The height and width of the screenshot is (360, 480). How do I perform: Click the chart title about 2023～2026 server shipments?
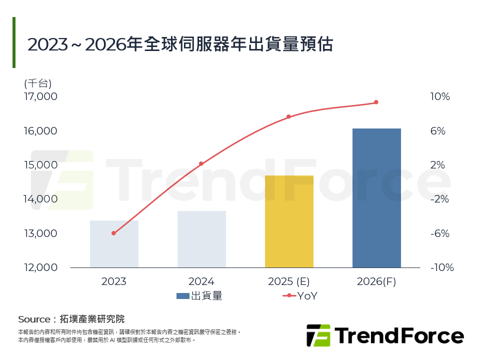click(x=180, y=44)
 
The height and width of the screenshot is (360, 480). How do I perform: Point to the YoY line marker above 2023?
click(x=113, y=233)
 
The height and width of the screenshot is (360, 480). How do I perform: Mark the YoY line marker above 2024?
click(x=201, y=163)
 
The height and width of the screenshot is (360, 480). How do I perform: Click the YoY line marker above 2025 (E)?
click(x=288, y=116)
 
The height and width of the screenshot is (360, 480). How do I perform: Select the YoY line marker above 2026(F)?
click(x=376, y=102)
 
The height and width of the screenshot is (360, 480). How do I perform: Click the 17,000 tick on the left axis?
click(x=40, y=96)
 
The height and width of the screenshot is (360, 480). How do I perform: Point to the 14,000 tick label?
click(x=40, y=199)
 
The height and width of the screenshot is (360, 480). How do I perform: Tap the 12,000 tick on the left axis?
click(x=40, y=267)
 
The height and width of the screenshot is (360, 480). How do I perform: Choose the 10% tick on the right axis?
click(x=440, y=96)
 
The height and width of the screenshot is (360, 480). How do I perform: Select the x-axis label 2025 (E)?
click(x=289, y=281)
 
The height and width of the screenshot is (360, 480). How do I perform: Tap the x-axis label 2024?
click(x=201, y=281)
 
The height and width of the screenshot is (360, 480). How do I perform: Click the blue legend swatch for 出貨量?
click(x=182, y=296)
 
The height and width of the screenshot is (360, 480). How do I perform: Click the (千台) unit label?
click(x=37, y=83)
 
